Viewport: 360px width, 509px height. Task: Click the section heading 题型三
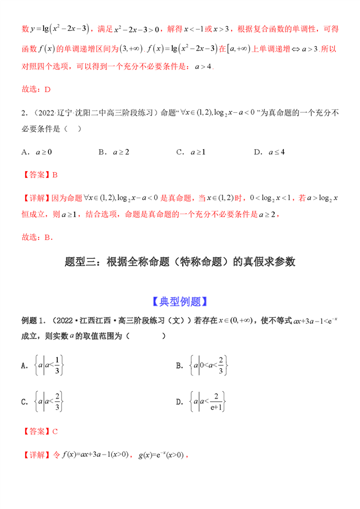tap(180, 261)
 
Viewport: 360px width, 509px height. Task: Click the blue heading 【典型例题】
tap(180, 301)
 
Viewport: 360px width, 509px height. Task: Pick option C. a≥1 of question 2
tap(191, 152)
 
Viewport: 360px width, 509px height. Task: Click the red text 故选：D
tap(35, 89)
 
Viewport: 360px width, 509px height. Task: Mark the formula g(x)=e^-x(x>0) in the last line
tap(161, 455)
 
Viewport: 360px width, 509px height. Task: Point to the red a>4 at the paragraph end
tap(203, 66)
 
